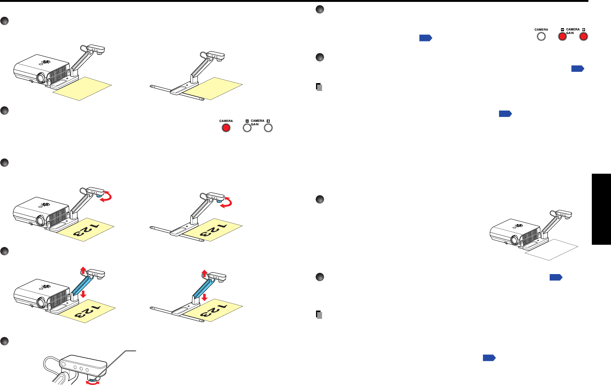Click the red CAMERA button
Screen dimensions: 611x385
click(226, 128)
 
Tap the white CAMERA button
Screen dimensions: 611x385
click(541, 36)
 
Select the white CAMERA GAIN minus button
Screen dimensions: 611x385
click(247, 128)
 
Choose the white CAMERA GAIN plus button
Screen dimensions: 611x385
click(268, 128)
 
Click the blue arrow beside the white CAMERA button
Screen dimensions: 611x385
click(426, 38)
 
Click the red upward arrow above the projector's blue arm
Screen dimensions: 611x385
click(84, 270)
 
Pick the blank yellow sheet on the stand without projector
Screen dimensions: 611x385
click(213, 88)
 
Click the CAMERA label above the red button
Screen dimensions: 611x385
click(226, 121)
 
